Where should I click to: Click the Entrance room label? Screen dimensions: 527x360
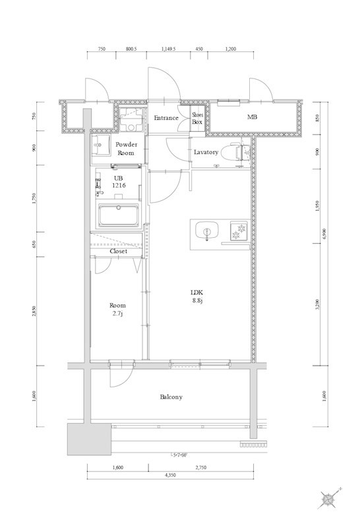click(165, 118)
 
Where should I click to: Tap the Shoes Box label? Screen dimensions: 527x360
click(197, 118)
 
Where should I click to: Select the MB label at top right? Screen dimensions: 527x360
click(252, 118)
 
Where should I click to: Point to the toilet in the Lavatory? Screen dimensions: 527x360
click(230, 152)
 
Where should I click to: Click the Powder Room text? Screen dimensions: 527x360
click(126, 149)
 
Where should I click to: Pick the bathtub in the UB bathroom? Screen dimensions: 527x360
click(117, 215)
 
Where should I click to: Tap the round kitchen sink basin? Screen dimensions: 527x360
click(208, 232)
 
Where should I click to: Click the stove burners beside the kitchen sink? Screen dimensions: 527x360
click(237, 232)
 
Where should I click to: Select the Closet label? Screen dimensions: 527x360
click(119, 251)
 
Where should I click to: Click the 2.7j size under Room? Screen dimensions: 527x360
click(117, 315)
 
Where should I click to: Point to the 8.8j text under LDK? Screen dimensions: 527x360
click(196, 301)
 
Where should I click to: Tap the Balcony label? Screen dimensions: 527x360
click(171, 397)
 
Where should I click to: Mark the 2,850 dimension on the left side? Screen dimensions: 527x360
click(34, 310)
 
